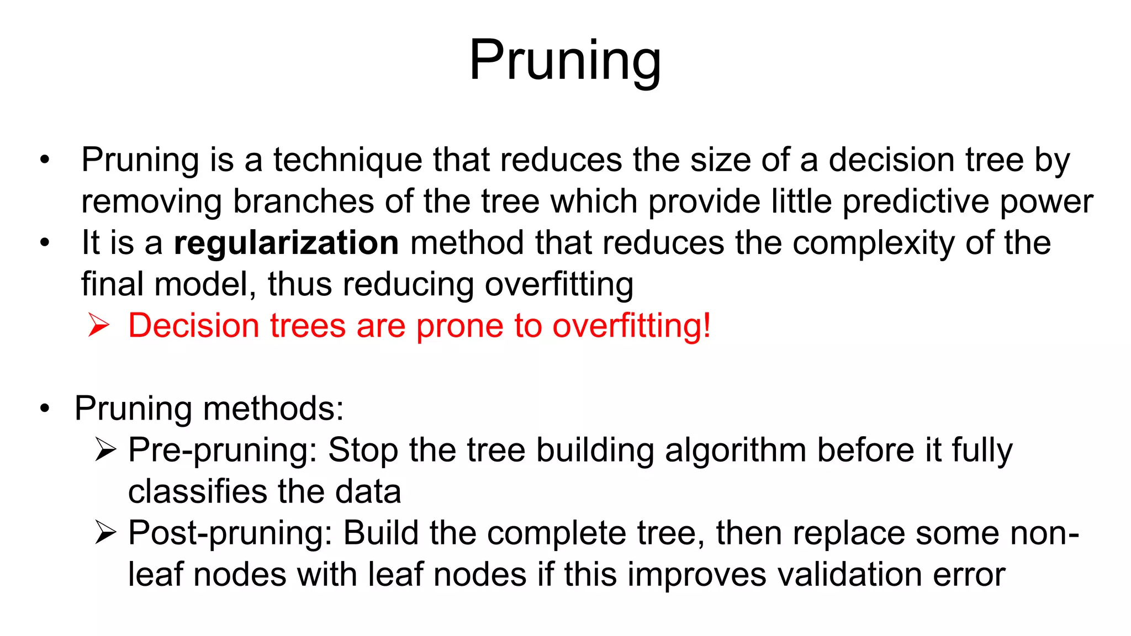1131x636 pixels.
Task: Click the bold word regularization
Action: point(286,243)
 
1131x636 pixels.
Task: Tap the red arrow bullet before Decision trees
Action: point(99,325)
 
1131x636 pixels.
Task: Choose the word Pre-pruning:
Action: point(223,451)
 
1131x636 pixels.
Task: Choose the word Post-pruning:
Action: point(230,534)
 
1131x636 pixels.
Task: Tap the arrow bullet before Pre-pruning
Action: point(105,449)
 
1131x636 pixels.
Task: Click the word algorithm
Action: point(736,451)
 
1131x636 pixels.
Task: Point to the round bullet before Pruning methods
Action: point(45,409)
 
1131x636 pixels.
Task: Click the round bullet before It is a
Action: point(45,243)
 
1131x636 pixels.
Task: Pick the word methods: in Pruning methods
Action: point(273,409)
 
